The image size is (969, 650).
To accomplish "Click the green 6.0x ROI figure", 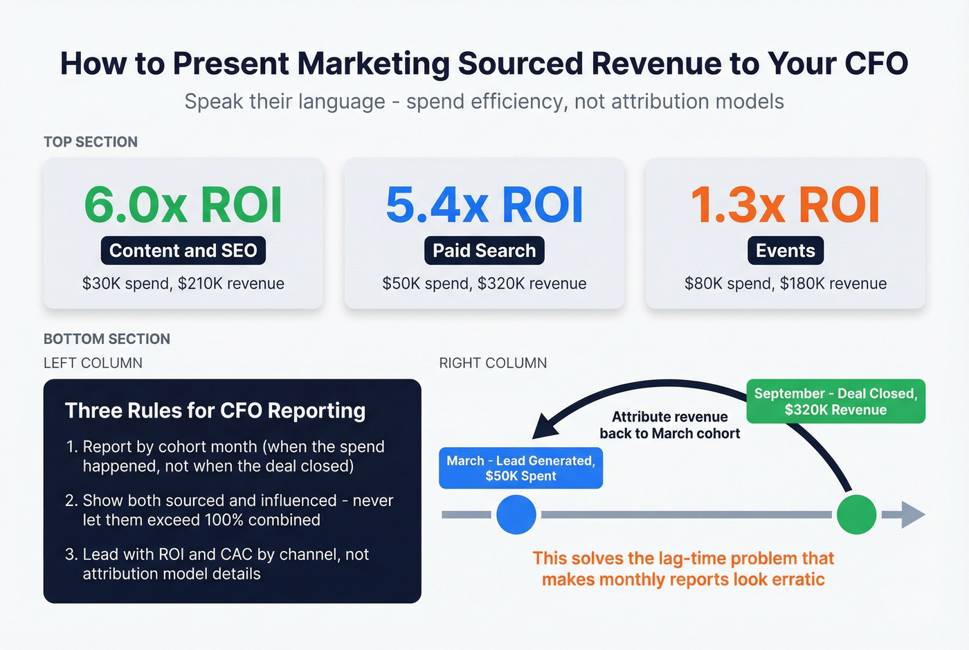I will [x=183, y=205].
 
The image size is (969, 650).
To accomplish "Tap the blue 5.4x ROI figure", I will [x=484, y=205].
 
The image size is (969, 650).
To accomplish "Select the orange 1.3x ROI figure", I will [x=785, y=205].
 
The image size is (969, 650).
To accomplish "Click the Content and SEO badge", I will [x=183, y=251].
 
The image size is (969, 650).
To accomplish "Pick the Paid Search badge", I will [x=484, y=251].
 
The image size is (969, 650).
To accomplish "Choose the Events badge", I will [x=786, y=251].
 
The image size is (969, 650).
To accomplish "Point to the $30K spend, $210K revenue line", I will [x=183, y=284].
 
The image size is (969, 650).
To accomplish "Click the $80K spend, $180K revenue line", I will [x=786, y=284].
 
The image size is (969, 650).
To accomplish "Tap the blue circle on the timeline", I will [x=516, y=514].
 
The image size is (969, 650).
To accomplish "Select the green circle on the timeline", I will [x=856, y=514].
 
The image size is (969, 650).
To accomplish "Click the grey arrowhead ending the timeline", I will [x=913, y=514].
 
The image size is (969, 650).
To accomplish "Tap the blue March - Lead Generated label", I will [x=520, y=469].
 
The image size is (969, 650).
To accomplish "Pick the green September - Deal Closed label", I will [x=835, y=401].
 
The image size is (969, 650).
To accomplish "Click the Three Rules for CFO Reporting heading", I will [x=215, y=410].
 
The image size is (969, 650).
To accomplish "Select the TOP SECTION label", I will [x=91, y=142].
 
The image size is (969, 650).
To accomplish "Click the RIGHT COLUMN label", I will [x=493, y=363].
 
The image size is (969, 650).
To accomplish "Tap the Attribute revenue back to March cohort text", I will [x=669, y=425].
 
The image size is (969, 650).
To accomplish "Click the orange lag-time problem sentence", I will [x=683, y=568].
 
